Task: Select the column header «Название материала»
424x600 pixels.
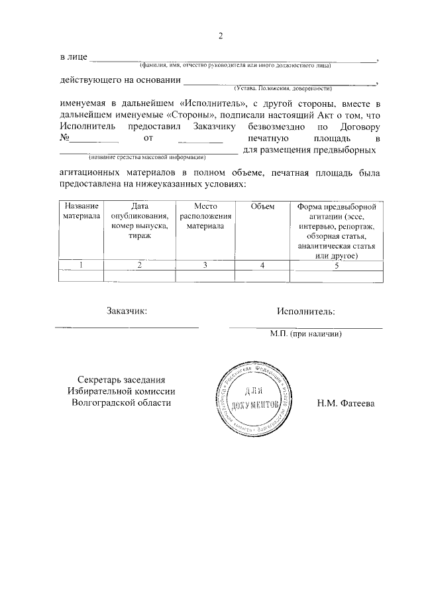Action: point(81,211)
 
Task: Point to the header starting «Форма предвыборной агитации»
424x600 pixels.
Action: point(337,231)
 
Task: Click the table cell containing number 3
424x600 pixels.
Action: point(205,265)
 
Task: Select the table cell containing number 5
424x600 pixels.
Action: point(337,265)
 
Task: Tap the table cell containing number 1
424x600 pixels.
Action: point(81,265)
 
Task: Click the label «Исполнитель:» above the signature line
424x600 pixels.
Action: point(306,311)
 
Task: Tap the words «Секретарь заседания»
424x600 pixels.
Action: point(125,379)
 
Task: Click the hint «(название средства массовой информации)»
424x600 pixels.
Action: point(148,157)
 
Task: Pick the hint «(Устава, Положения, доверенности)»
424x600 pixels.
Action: point(282,88)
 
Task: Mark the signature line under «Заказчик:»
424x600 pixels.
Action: point(126,327)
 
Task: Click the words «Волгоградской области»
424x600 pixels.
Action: point(125,402)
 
